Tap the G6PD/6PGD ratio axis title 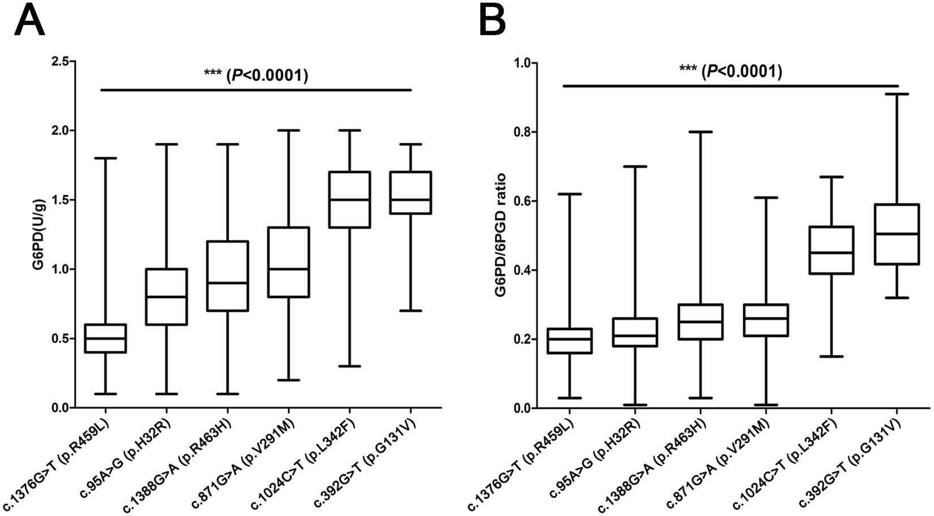(501, 234)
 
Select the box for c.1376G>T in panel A (105, 338)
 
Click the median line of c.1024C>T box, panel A (350, 200)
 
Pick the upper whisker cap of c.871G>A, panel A (289, 130)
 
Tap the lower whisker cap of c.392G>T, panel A (412, 311)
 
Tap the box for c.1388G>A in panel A (228, 276)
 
